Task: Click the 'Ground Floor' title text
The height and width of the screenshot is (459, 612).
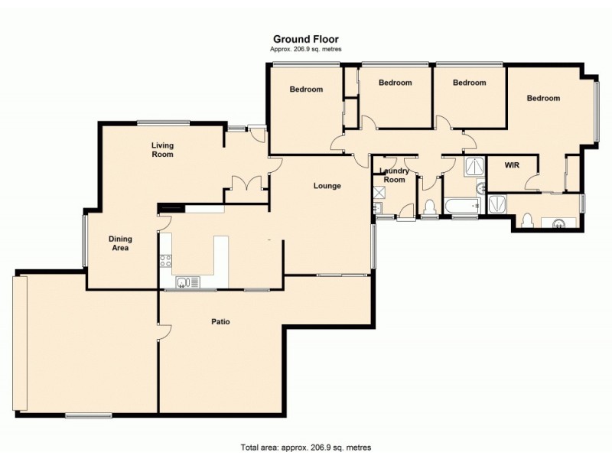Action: tap(306, 39)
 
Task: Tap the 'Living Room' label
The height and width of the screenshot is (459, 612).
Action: tap(162, 150)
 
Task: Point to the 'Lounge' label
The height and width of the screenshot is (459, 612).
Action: tap(327, 186)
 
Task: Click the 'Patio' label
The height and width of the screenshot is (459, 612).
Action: tap(220, 322)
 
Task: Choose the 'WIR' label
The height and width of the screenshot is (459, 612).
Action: tap(512, 164)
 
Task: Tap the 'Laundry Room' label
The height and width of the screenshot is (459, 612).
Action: tap(394, 175)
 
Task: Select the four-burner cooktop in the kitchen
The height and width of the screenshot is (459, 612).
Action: tap(165, 261)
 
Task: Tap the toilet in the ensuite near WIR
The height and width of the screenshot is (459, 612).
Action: tap(526, 220)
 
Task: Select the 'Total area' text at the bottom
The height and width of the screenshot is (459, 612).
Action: tap(306, 448)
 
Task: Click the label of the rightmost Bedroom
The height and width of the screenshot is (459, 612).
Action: tap(543, 98)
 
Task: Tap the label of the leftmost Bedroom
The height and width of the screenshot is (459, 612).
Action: tap(306, 90)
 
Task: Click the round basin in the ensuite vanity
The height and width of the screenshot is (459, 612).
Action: tap(559, 223)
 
